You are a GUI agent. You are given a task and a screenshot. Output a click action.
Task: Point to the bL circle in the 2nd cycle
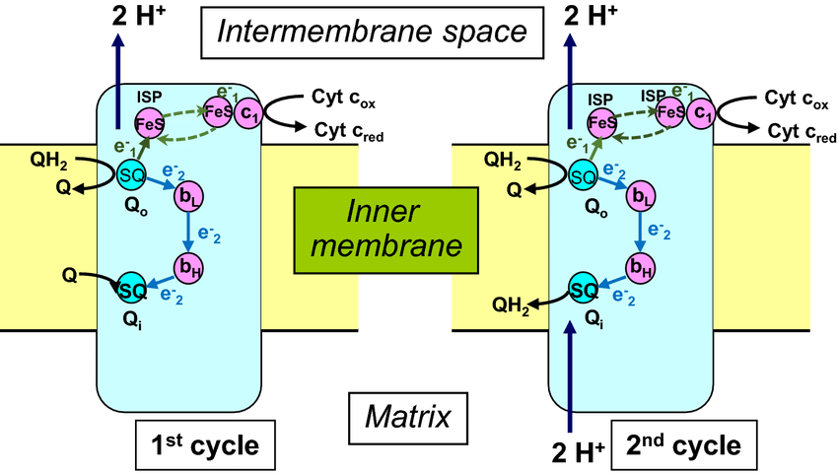coord(642,197)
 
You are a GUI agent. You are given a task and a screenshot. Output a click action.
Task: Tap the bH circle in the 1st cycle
coord(186,266)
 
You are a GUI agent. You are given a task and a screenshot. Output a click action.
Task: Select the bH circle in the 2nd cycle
coord(642,266)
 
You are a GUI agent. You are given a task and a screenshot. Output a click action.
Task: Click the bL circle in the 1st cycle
coord(186,197)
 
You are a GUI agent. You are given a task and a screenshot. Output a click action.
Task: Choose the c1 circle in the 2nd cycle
coord(702,114)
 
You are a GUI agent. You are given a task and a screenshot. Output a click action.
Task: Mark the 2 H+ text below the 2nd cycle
coord(577,452)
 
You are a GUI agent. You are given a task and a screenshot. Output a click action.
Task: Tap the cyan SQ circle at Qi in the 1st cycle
coord(132,289)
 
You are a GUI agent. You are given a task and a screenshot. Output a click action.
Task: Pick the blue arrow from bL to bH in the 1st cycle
coord(186,233)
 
